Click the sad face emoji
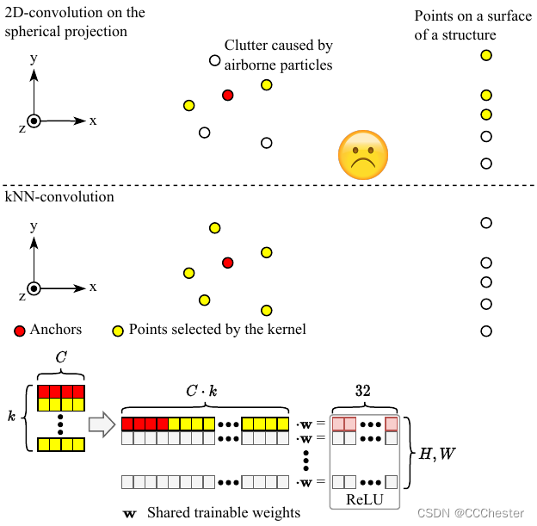click(362, 156)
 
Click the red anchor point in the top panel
click(227, 95)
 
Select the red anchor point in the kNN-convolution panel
click(227, 262)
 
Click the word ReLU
click(365, 499)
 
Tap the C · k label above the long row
click(203, 390)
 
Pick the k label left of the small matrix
click(12, 415)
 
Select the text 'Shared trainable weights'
click(223, 513)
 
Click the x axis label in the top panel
click(93, 121)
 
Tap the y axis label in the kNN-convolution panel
click(33, 226)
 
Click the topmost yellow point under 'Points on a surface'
click(486, 55)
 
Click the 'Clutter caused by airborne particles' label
click(278, 54)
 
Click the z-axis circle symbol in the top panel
click(33, 121)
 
